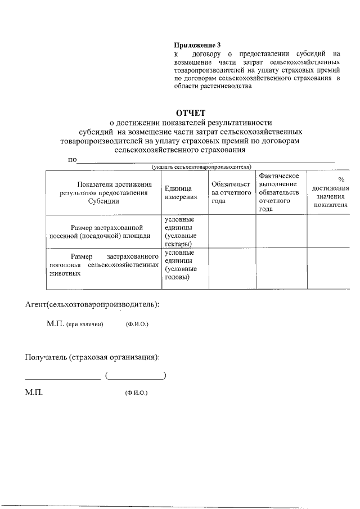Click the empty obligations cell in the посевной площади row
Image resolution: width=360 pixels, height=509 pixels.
(231, 231)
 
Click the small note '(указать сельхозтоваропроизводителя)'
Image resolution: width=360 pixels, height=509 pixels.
(201, 166)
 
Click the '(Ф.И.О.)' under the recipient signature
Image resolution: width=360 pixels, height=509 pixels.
(136, 394)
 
